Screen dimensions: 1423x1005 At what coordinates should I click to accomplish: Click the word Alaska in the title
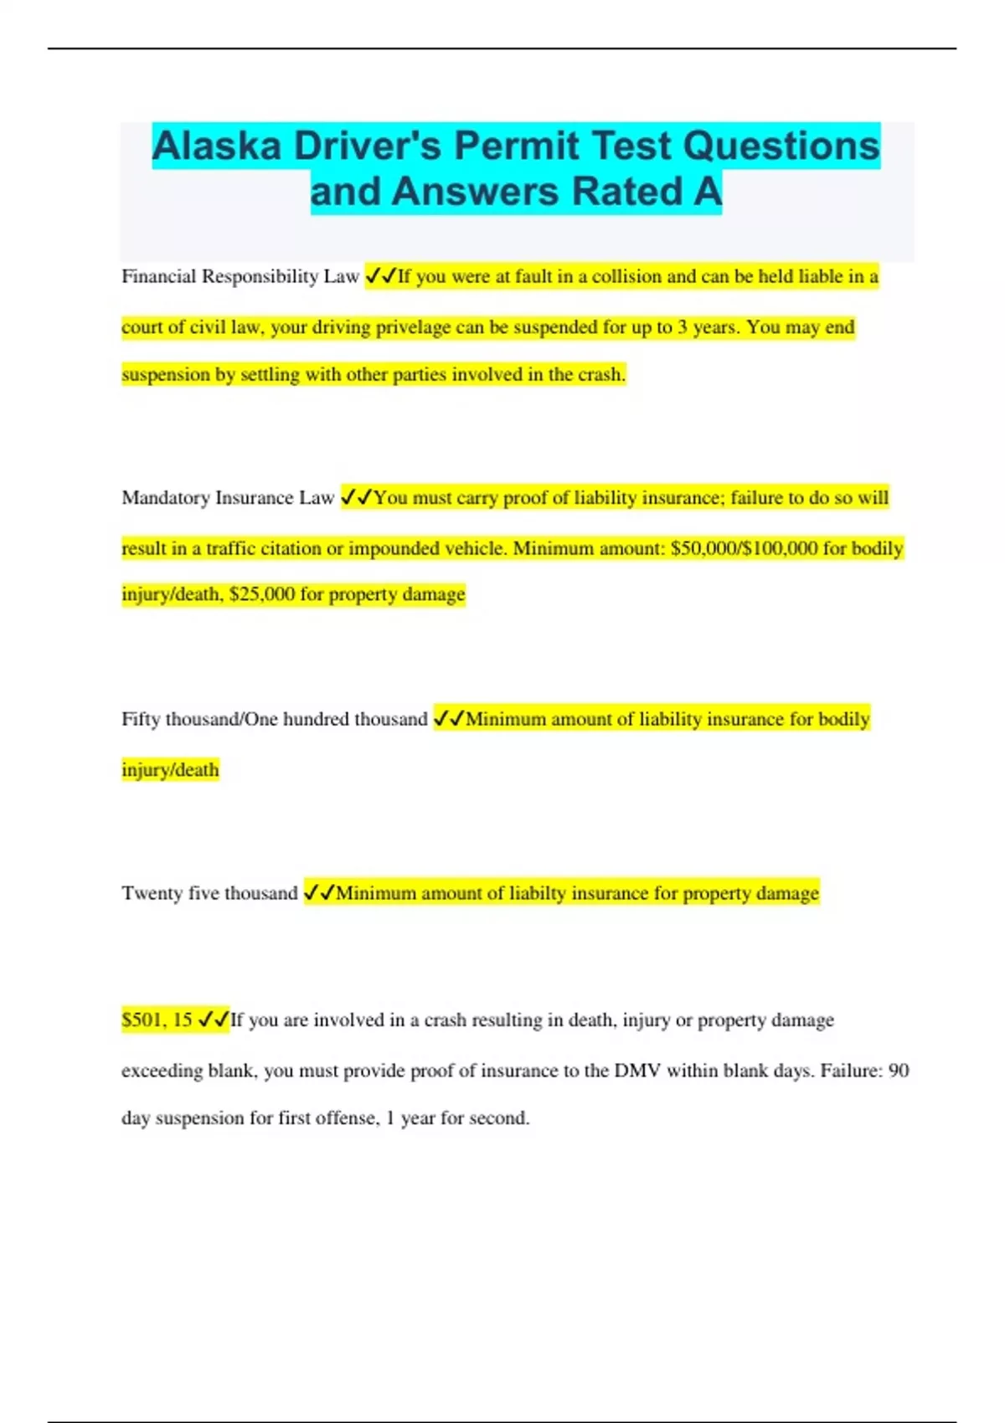[x=216, y=146]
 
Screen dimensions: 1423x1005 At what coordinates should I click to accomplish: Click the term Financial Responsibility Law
[x=240, y=277]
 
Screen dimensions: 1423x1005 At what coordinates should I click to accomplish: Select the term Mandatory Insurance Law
[x=228, y=498]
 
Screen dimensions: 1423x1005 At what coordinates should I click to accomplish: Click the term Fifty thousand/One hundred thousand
[x=274, y=720]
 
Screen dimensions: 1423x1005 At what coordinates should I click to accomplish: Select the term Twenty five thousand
[x=209, y=893]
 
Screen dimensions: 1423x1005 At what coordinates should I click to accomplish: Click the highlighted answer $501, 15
[x=157, y=1020]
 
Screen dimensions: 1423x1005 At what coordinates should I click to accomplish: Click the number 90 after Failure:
[x=898, y=1071]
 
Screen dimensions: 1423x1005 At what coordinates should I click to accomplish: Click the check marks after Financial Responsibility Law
[x=381, y=276]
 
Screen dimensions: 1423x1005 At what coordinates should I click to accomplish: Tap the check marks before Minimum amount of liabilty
[x=319, y=893]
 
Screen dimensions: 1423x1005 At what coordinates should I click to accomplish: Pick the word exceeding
[x=162, y=1071]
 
